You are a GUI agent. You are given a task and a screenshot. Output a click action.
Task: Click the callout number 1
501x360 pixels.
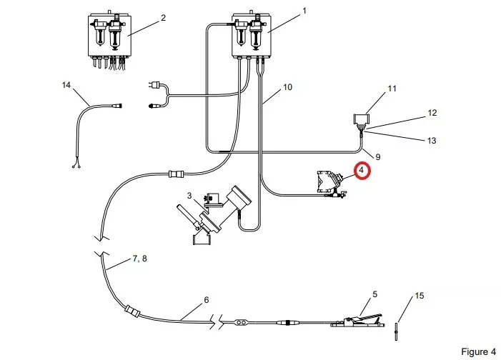tap(304, 11)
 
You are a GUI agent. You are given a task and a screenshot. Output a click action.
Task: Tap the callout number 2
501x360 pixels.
tap(163, 18)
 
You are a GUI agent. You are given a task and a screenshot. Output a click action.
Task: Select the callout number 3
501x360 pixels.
tap(189, 195)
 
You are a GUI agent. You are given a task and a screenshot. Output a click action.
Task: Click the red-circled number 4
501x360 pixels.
tap(362, 170)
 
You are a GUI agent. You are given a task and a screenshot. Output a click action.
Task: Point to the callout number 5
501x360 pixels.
tap(374, 294)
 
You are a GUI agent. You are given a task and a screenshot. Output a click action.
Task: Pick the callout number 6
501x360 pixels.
tap(206, 299)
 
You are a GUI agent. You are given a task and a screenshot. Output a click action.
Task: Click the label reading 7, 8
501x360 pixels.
tap(139, 259)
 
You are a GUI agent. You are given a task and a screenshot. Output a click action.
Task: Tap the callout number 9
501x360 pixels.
tap(377, 157)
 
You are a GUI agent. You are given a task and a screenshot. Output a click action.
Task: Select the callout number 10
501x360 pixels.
tap(287, 87)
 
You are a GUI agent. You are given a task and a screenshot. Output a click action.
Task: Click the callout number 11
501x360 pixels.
tap(392, 89)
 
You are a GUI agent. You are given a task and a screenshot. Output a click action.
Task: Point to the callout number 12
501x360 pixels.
tap(432, 113)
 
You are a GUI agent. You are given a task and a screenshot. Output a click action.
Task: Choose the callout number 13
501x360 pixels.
tap(432, 141)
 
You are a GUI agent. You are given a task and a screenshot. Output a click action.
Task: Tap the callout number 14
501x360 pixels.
tap(66, 85)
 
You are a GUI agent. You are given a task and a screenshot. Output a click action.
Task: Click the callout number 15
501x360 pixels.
tap(420, 296)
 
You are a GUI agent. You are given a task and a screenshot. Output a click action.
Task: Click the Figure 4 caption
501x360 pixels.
tap(479, 351)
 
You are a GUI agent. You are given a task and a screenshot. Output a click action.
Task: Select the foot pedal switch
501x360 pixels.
tap(357, 321)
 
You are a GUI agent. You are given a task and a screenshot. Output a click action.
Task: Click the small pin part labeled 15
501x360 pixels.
tap(396, 331)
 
